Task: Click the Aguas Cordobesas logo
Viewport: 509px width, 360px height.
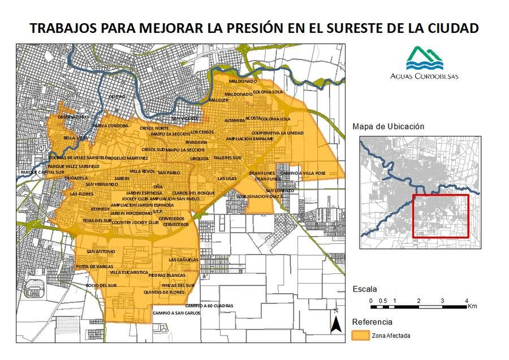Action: click(425, 63)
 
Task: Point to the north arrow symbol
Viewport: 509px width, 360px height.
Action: click(335, 323)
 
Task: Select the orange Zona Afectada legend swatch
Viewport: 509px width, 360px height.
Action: click(361, 336)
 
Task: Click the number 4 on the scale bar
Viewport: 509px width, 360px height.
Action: click(466, 300)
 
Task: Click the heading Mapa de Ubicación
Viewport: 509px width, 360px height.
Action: click(388, 127)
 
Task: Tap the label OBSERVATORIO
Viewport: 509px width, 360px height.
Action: click(74, 117)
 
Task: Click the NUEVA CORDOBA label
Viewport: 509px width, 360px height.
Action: click(110, 125)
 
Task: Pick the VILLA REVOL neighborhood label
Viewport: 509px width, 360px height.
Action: click(142, 171)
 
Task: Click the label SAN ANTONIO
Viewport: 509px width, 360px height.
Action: click(100, 251)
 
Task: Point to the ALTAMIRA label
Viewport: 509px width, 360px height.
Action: click(234, 121)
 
